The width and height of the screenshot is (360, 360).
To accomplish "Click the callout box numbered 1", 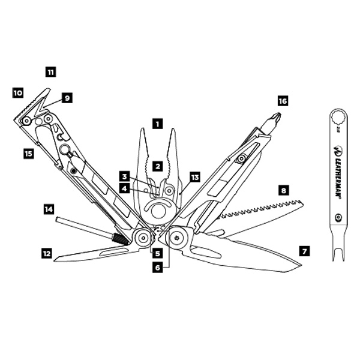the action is [x=157, y=124].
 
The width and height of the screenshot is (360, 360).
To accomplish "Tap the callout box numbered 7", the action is [x=304, y=251].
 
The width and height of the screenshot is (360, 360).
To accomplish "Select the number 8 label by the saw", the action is [x=284, y=191].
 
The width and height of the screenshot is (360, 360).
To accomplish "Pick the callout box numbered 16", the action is [x=283, y=101].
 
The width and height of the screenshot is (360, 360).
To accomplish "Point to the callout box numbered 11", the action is [x=51, y=72].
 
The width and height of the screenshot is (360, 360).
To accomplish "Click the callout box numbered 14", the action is [x=49, y=209].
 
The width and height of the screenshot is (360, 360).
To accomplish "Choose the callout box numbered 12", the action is [x=47, y=253].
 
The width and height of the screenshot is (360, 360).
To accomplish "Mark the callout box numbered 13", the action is [x=194, y=177].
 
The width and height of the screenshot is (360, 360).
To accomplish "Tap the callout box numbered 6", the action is [x=157, y=268].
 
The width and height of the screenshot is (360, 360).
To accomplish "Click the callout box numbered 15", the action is [x=29, y=154].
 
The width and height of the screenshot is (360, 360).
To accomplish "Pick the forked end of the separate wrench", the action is [x=338, y=254].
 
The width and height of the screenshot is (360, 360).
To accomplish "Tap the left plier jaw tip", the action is [x=142, y=129].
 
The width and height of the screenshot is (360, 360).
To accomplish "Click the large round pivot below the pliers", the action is [x=158, y=209].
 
